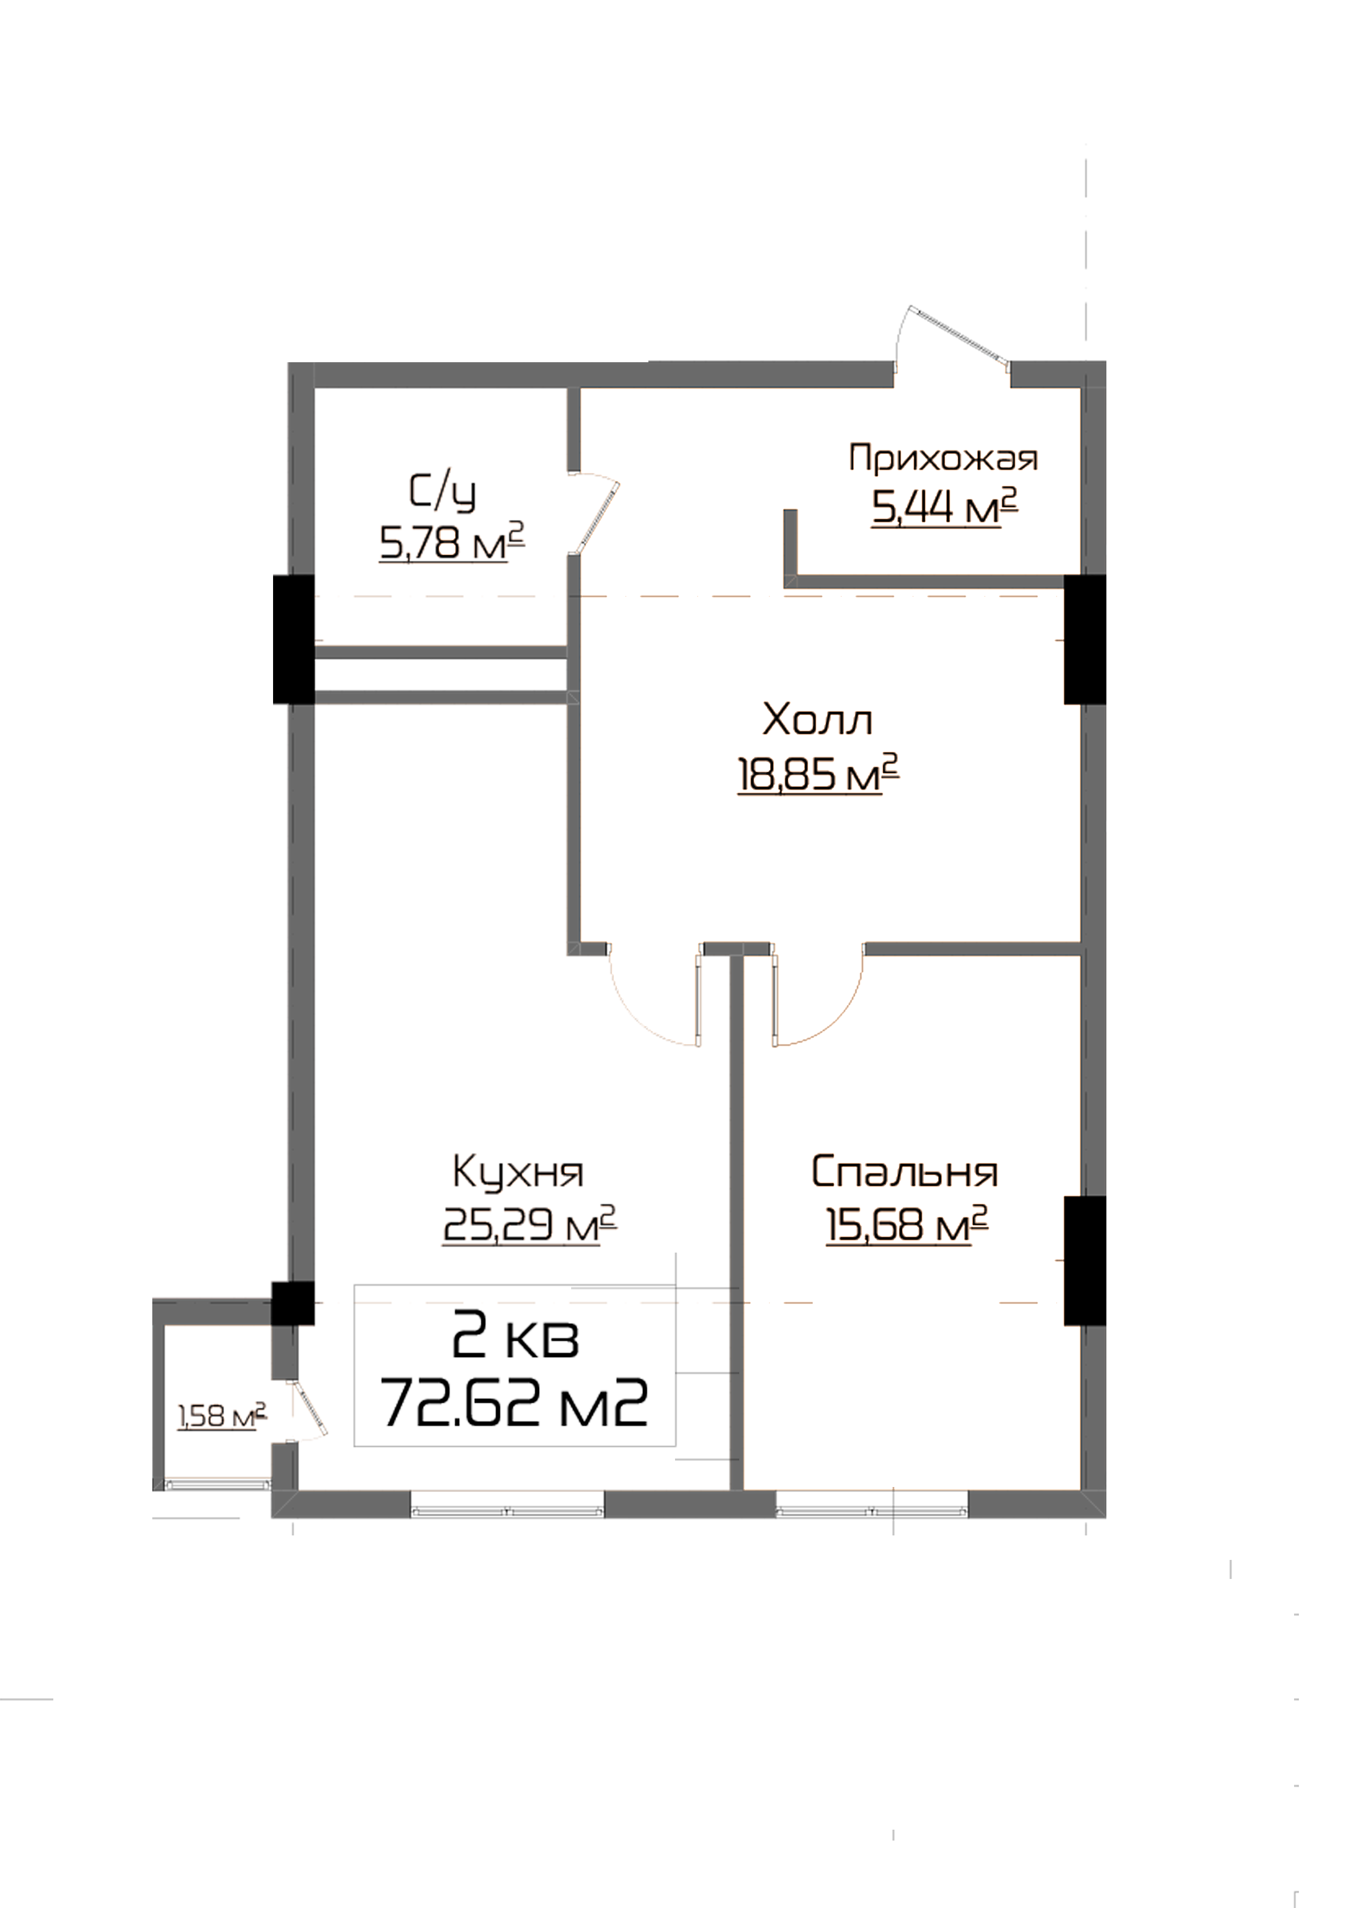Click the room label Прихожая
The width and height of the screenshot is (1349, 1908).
[x=943, y=458]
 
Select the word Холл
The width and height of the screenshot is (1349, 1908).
[x=817, y=720]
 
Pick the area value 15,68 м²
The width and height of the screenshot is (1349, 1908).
[x=906, y=1224]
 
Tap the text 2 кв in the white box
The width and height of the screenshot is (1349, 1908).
[x=515, y=1336]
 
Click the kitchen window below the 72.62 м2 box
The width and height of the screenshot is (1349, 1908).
[x=507, y=1509]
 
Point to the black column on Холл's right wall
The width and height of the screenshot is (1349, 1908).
[x=1084, y=640]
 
